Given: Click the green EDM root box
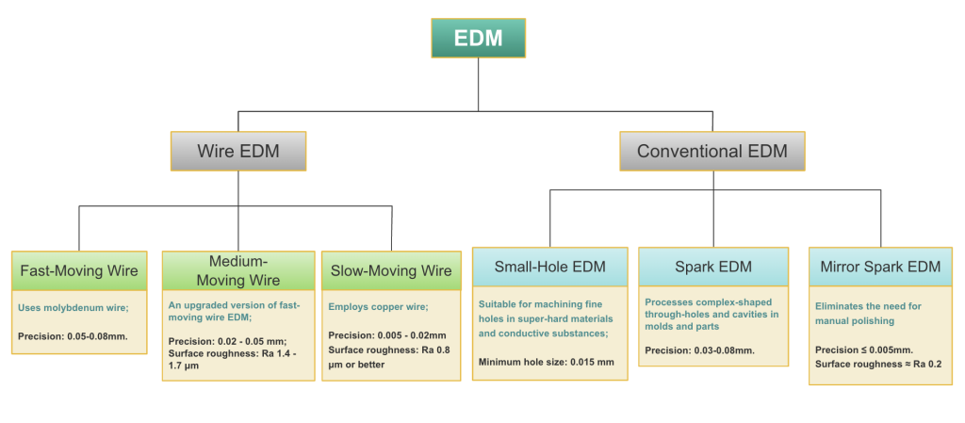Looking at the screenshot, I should point(478,38).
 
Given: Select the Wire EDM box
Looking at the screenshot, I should point(238,151).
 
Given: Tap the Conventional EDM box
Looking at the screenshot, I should point(712,151).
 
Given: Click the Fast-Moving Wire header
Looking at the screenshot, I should point(79,271).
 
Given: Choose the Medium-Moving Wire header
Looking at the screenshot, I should point(238,270).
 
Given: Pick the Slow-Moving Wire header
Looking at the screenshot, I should point(391,271).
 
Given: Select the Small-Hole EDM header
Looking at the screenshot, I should point(549,267).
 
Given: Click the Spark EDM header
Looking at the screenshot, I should point(713,267).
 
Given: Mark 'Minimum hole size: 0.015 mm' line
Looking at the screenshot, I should point(546,362).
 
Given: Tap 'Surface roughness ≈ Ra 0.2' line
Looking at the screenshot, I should point(877,364).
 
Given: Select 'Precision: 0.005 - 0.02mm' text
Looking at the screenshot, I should point(386,335).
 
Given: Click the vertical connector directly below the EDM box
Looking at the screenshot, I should point(478,85).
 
